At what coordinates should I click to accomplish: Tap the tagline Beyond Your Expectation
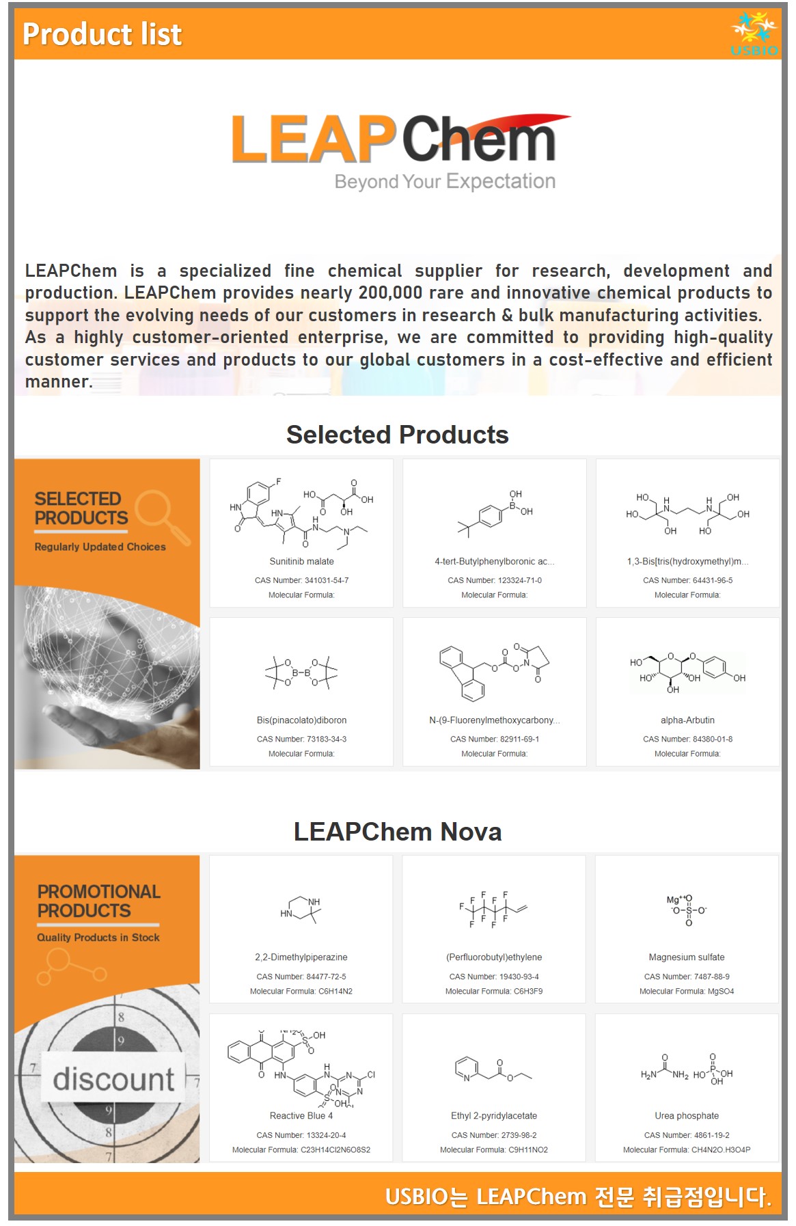pos(445,182)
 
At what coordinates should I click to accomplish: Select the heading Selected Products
pos(397,435)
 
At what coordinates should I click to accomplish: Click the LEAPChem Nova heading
pos(397,832)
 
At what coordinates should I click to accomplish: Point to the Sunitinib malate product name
pos(301,562)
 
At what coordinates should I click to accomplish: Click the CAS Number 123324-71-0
pos(495,580)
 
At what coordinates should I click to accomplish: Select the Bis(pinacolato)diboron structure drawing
pos(301,672)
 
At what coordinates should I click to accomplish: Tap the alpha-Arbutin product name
pos(687,720)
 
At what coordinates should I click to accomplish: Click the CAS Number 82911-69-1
pos(495,739)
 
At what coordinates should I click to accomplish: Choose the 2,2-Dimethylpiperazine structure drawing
pos(301,910)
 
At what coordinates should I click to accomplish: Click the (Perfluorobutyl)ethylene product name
pos(494,957)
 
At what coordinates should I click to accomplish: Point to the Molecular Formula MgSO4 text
pos(687,991)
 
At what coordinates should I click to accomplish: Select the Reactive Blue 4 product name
pos(301,1116)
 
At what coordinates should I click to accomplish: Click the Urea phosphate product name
pos(687,1116)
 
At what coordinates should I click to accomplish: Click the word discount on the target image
pos(113,1079)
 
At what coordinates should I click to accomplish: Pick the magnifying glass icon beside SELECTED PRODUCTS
pos(161,515)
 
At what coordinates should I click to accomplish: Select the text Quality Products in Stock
pos(98,938)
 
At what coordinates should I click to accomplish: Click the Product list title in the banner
pos(102,34)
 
